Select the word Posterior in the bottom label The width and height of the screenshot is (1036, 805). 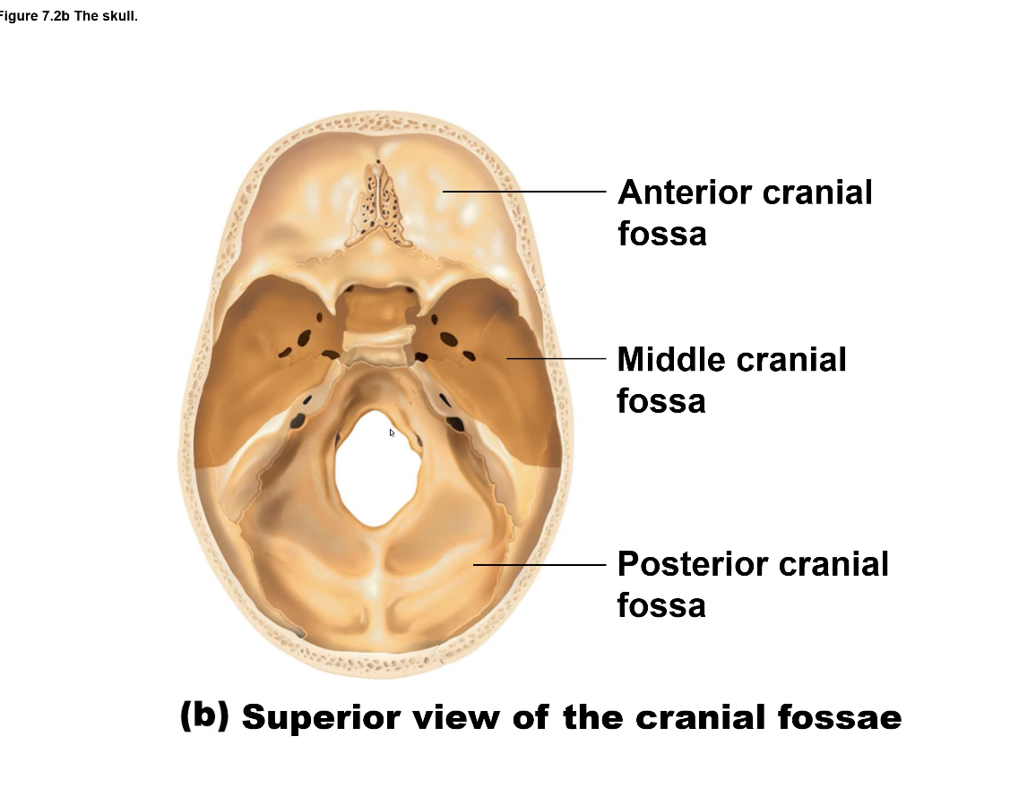click(692, 564)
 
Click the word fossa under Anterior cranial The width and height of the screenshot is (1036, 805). click(661, 234)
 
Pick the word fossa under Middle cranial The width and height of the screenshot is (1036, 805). click(661, 401)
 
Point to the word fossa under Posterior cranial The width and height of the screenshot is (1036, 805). click(661, 605)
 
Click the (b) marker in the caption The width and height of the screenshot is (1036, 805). click(204, 715)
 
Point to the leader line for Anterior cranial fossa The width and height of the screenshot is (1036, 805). click(524, 191)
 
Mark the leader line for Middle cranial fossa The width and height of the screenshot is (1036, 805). click(556, 358)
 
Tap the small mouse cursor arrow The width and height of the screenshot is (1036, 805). click(392, 432)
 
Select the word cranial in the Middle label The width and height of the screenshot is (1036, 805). click(790, 360)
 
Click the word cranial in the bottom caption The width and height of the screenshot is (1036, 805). click(701, 717)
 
